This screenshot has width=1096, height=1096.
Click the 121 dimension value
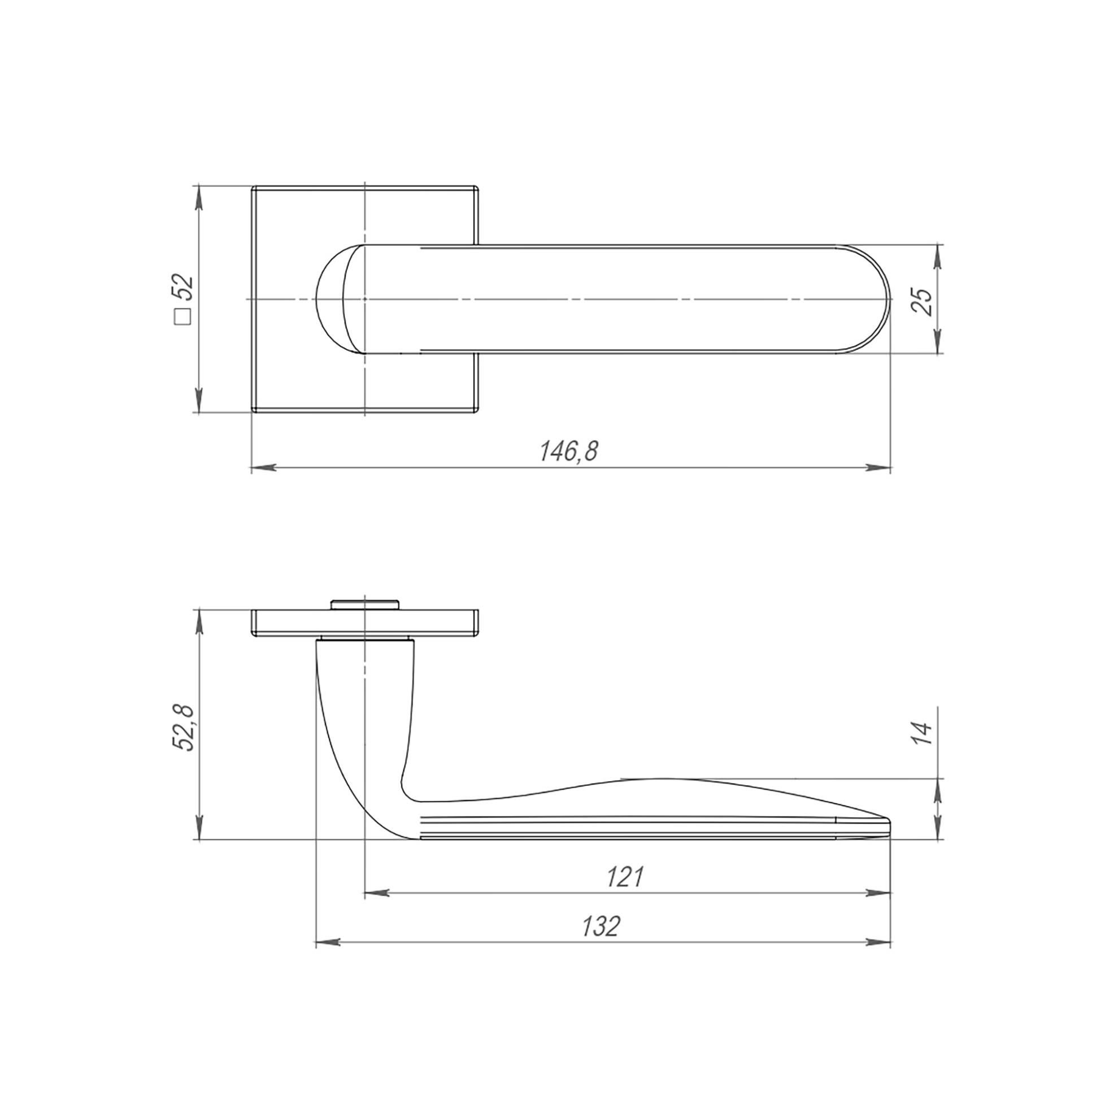point(625,877)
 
